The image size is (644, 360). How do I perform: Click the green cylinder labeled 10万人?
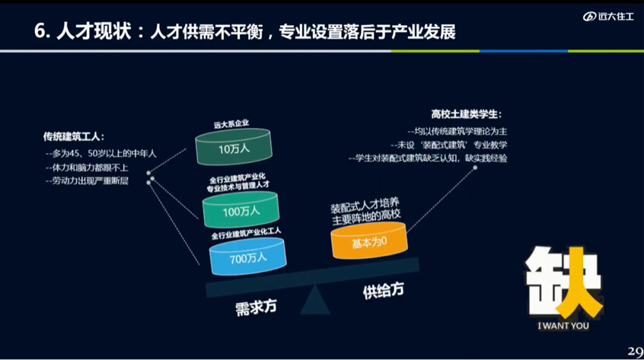click(x=233, y=148)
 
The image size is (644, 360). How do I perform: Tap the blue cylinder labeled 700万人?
click(x=247, y=256)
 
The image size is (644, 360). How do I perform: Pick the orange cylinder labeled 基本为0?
click(x=369, y=242)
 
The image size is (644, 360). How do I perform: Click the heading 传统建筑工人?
click(x=74, y=138)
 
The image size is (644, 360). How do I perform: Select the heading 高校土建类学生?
click(x=466, y=114)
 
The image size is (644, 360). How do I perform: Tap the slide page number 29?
click(x=633, y=351)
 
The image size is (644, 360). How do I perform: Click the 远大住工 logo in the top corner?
click(x=608, y=17)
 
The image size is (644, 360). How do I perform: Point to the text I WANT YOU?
click(x=563, y=327)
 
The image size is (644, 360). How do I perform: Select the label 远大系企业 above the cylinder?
click(x=231, y=124)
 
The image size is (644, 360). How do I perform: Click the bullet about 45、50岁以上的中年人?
click(x=101, y=154)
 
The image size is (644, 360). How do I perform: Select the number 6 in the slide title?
click(x=40, y=32)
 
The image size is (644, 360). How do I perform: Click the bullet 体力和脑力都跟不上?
click(x=88, y=167)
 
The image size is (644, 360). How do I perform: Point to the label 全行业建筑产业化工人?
click(x=246, y=228)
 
